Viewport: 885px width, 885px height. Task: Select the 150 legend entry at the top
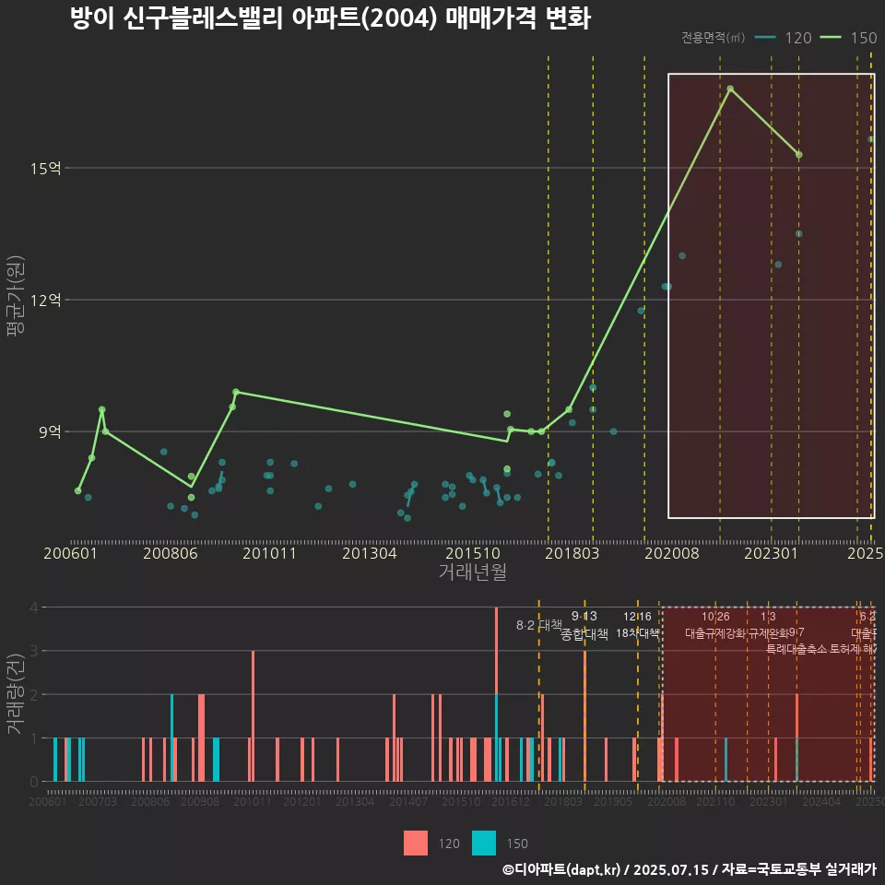click(848, 38)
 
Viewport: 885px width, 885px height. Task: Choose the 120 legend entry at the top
click(784, 38)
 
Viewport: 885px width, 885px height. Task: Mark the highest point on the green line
click(730, 88)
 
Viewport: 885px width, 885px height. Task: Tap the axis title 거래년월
click(472, 572)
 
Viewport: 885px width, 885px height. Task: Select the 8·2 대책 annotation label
click(538, 625)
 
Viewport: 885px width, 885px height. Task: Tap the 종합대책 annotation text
click(584, 634)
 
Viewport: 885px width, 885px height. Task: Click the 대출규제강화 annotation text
click(714, 633)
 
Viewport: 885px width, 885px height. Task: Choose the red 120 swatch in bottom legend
click(416, 843)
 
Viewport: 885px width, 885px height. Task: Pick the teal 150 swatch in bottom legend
click(484, 843)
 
